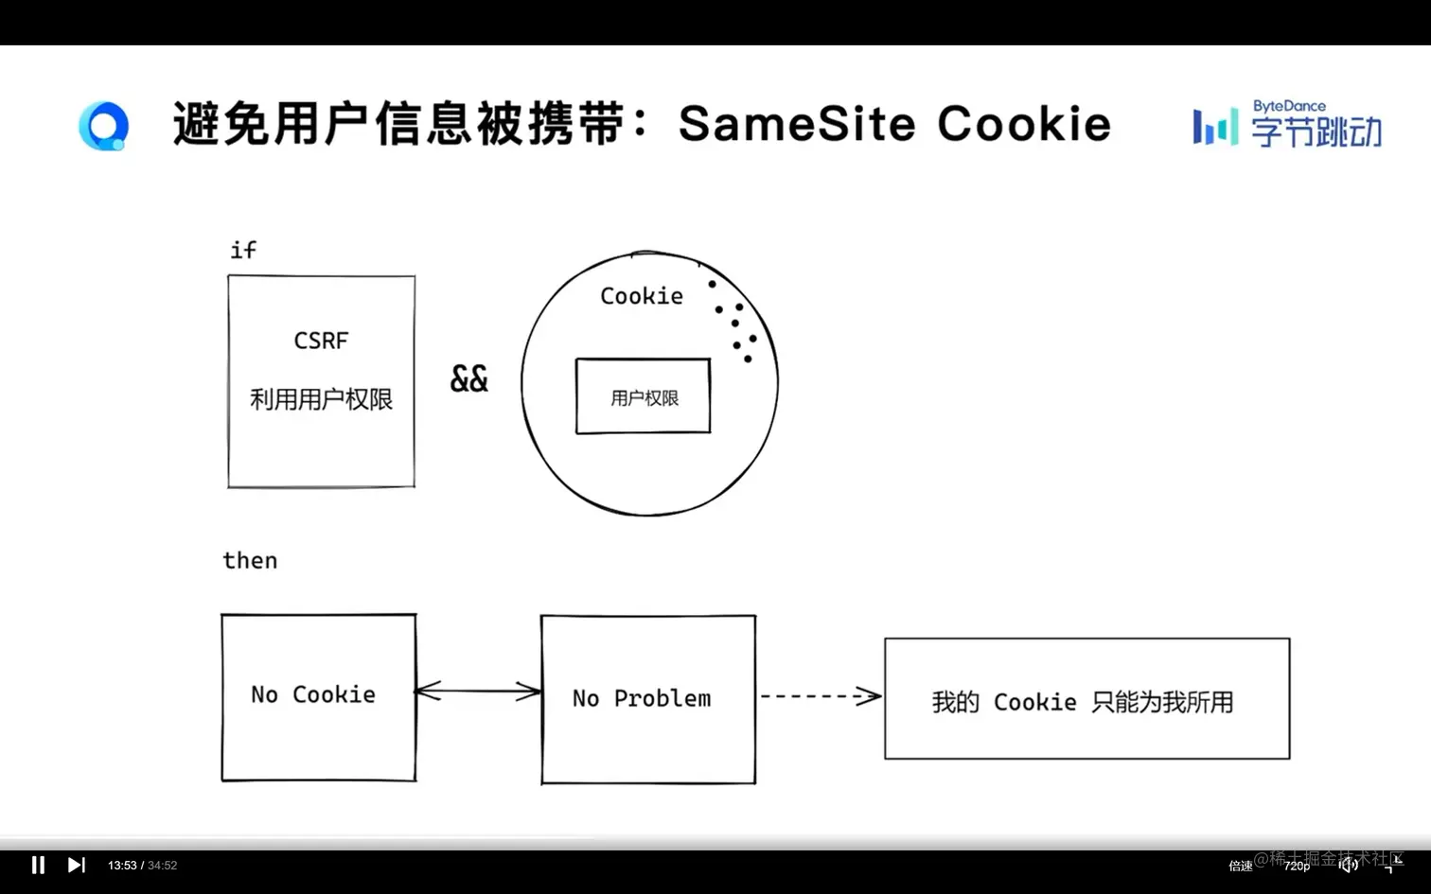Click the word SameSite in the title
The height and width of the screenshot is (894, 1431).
(797, 124)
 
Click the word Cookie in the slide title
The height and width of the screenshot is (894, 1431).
(1024, 124)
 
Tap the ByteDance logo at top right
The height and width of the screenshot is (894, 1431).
(1287, 124)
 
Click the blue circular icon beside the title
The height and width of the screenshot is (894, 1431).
(103, 126)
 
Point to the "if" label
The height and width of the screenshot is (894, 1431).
(243, 250)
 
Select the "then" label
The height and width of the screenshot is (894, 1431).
(250, 560)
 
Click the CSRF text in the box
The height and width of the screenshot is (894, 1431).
(321, 341)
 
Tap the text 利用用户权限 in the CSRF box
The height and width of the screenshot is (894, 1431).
(321, 399)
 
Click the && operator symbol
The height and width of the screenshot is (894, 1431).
(468, 379)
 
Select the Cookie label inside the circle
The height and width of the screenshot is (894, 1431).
(642, 296)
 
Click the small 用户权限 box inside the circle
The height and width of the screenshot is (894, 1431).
(644, 397)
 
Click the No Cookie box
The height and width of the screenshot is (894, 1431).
(318, 697)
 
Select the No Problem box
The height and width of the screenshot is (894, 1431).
(647, 699)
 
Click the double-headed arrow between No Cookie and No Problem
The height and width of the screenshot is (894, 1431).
(478, 692)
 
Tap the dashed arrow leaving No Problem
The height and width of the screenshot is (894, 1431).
(820, 696)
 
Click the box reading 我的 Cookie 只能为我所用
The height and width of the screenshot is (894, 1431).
(1086, 699)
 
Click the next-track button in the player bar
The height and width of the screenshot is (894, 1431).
(77, 865)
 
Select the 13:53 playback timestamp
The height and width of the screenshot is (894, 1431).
(122, 866)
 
